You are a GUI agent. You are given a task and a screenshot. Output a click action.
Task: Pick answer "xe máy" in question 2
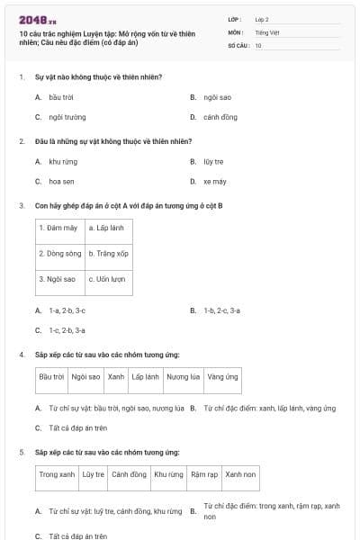(x=215, y=181)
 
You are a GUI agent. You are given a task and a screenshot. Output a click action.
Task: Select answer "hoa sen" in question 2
(x=62, y=181)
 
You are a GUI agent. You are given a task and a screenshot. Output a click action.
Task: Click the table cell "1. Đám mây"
(x=58, y=229)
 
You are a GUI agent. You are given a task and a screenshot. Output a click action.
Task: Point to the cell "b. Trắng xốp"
(x=109, y=254)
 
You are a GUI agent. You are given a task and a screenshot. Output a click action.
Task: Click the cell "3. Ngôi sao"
(x=58, y=280)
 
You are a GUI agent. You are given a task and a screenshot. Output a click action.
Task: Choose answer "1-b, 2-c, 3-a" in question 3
(x=221, y=310)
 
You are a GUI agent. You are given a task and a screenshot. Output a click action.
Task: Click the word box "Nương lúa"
(x=184, y=377)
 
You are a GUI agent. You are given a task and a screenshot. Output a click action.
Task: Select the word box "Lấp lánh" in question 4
(x=145, y=377)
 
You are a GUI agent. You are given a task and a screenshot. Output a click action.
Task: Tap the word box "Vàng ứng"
(x=222, y=377)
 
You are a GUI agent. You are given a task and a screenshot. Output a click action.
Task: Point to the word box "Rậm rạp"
(x=204, y=474)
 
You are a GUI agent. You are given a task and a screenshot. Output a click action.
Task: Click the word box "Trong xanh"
(x=58, y=474)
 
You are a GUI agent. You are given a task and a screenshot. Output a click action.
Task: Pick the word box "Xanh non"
(x=240, y=474)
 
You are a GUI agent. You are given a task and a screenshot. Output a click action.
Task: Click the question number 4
(x=22, y=355)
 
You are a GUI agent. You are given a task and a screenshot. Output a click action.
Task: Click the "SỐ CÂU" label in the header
(x=238, y=45)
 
